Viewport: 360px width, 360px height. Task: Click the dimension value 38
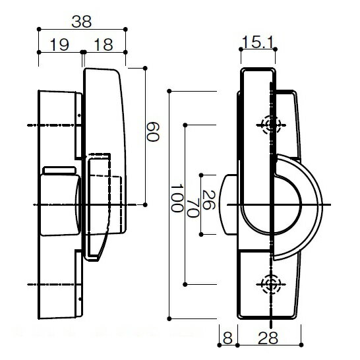[x=82, y=22]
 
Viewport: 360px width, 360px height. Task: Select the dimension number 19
[x=59, y=45]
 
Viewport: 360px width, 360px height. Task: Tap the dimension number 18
[x=104, y=45]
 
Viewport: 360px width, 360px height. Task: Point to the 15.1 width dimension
[x=257, y=42]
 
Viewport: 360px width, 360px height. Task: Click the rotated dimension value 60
[x=152, y=132]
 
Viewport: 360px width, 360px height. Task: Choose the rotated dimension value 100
[x=177, y=198]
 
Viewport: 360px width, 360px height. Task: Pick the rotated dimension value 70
[x=193, y=208]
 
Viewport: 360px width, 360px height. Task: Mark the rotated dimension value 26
[x=209, y=200]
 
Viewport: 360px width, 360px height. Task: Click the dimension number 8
[x=227, y=338]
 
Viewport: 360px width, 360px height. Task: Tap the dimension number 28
[x=268, y=338]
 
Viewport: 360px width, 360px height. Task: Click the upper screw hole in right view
[x=272, y=125]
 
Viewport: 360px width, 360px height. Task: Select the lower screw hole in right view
[x=272, y=284]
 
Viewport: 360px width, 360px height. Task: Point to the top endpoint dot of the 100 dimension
[x=169, y=91]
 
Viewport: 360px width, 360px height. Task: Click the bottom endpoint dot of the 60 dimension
[x=145, y=204]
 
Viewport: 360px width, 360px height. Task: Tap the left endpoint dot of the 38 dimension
[x=39, y=29]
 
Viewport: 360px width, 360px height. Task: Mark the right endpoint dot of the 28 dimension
[x=301, y=345]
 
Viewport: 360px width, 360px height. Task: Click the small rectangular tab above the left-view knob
[x=60, y=170]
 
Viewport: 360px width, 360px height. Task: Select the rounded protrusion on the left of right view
[x=228, y=204]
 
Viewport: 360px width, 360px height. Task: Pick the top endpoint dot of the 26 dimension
[x=201, y=175]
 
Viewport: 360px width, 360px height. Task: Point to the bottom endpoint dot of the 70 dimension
[x=185, y=284]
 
